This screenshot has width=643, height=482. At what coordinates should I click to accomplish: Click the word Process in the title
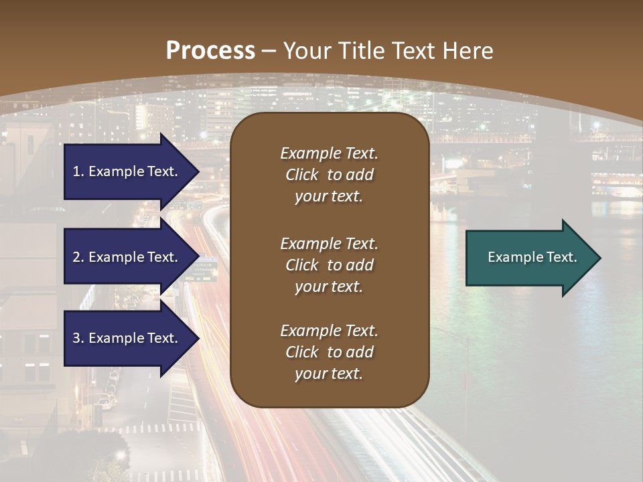(x=210, y=51)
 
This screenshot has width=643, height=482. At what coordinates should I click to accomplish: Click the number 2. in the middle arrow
(x=78, y=257)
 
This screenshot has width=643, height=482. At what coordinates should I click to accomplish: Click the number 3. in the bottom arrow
(x=78, y=338)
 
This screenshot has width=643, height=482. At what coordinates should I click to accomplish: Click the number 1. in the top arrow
(x=78, y=171)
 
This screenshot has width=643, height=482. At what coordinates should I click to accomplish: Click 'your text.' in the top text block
(x=329, y=197)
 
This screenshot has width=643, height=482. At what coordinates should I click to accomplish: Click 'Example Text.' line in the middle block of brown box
(x=329, y=244)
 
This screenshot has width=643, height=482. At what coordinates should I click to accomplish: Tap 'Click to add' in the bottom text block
(x=329, y=352)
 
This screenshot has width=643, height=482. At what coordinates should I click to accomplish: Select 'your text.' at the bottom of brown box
(x=329, y=374)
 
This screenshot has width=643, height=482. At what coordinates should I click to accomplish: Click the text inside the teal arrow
(x=532, y=257)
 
